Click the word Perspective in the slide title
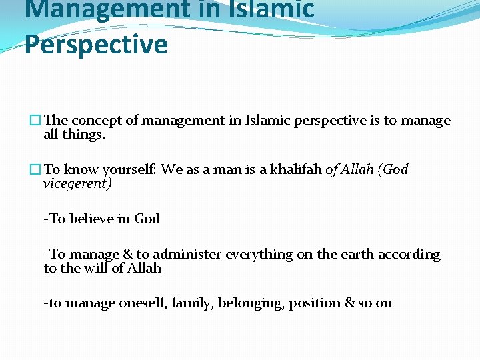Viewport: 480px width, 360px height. pos(96,45)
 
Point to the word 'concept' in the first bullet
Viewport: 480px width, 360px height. pos(97,121)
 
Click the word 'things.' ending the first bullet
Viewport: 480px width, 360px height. pos(83,135)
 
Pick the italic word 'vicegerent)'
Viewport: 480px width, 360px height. pos(77,184)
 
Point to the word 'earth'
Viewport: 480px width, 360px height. pos(357,255)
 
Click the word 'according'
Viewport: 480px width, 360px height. pos(409,255)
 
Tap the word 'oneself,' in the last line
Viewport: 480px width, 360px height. pos(143,303)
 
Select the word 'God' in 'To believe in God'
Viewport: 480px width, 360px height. pos(147,219)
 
